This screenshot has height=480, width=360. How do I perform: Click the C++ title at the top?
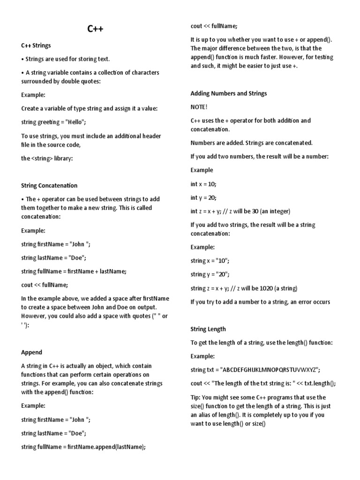tap(96, 29)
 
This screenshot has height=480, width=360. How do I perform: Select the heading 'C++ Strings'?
tap(36, 45)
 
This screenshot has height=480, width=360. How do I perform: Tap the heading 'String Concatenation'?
tap(49, 186)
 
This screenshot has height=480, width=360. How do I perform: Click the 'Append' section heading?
tap(31, 352)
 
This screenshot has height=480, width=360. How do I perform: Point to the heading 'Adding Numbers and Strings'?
tap(229, 93)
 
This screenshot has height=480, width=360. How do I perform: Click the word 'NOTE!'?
tap(199, 107)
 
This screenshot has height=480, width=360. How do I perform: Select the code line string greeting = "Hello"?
tap(54, 122)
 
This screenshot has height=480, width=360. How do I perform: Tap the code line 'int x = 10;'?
tap(203, 184)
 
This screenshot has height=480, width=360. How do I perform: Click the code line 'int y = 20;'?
tap(203, 197)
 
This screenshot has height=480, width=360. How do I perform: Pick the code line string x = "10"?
tap(210, 261)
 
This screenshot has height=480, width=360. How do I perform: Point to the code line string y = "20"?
tap(210, 274)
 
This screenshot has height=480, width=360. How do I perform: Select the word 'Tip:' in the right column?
tap(195, 397)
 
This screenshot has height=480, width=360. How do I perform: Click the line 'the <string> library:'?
tap(47, 158)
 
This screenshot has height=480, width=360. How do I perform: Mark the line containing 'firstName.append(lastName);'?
tap(83, 447)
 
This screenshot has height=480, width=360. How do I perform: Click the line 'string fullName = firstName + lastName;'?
tap(74, 271)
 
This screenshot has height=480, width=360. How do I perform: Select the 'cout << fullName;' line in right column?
tap(214, 26)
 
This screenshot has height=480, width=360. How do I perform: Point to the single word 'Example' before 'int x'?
tap(202, 170)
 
